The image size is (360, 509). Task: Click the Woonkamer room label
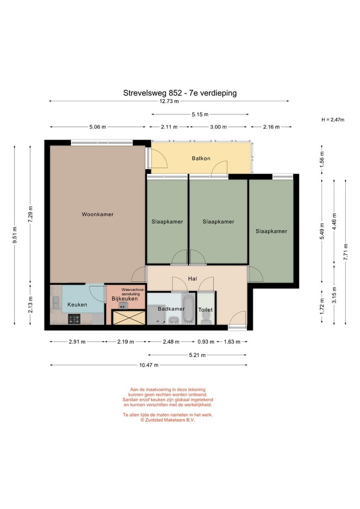(x=98, y=214)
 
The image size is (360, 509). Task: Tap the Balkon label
(x=201, y=159)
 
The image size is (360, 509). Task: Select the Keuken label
(x=77, y=304)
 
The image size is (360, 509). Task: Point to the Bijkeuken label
(x=125, y=299)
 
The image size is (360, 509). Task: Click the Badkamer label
(x=171, y=309)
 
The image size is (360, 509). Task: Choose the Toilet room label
(x=206, y=310)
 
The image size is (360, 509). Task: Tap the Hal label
(x=192, y=278)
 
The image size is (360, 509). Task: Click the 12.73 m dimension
(x=169, y=101)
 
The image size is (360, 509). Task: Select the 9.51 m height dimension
(x=15, y=235)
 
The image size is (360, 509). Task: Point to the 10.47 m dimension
(x=149, y=365)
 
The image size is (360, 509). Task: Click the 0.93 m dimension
(x=206, y=341)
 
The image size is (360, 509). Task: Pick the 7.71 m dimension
(x=345, y=252)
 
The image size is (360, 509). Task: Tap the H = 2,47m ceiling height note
(x=333, y=119)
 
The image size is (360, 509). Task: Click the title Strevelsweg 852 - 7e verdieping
(x=180, y=93)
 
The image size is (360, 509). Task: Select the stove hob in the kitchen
(x=74, y=319)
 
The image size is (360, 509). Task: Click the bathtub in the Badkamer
(x=188, y=309)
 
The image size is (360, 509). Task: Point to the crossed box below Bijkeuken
(x=128, y=318)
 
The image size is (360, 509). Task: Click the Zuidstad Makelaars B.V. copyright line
(x=168, y=420)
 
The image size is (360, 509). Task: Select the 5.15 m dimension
(x=200, y=115)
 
